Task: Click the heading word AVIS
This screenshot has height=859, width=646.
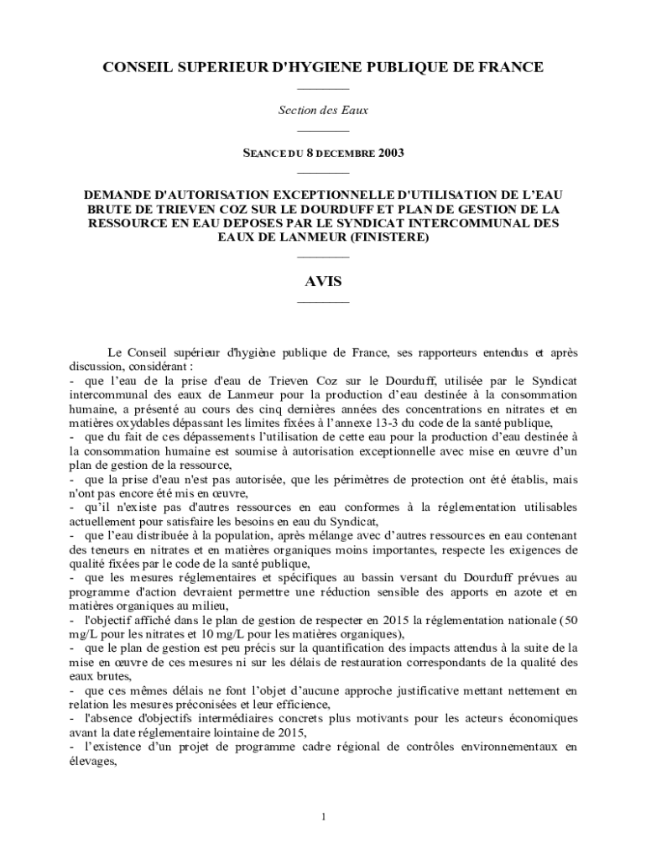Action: (323, 282)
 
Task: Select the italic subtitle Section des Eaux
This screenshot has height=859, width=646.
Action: (323, 110)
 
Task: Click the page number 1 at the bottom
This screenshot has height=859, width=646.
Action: (323, 816)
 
